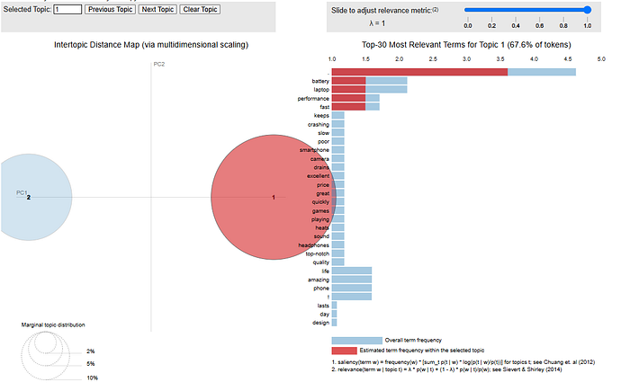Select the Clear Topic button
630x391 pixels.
(x=200, y=9)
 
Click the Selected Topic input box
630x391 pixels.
(x=67, y=9)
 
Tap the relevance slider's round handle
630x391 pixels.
(x=587, y=10)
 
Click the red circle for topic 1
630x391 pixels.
(x=273, y=197)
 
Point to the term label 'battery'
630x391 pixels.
(x=320, y=81)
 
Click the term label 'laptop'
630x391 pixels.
(x=321, y=90)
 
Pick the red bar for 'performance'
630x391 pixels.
(x=348, y=98)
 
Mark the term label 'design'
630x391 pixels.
(x=320, y=322)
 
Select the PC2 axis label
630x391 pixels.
(x=159, y=65)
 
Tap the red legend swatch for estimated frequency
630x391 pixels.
(x=356, y=349)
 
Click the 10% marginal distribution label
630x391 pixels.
(x=92, y=378)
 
